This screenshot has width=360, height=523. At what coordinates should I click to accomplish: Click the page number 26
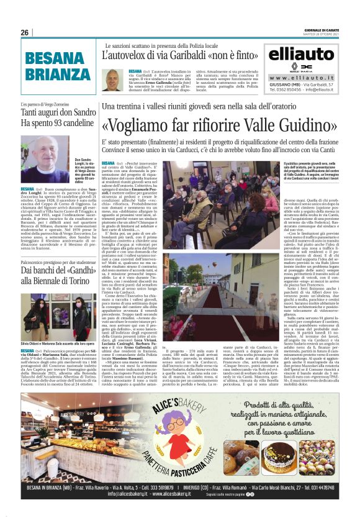pyautogui.click(x=25, y=32)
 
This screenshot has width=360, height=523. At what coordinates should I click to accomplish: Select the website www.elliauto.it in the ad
pyautogui.click(x=300, y=77)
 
